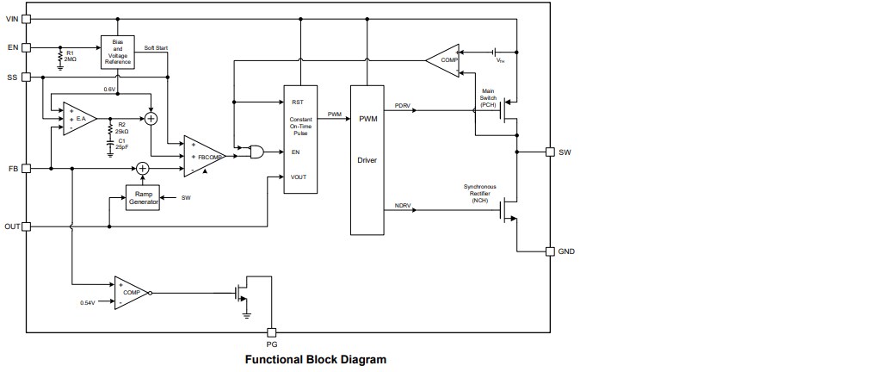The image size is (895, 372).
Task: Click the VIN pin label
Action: (11, 18)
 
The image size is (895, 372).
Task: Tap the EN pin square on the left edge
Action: (26, 46)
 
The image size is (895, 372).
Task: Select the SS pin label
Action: (11, 77)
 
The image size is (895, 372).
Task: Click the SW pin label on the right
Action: (565, 152)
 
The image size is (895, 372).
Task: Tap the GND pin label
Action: (567, 251)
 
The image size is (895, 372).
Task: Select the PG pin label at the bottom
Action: (272, 344)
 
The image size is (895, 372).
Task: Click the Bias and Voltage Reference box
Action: (118, 52)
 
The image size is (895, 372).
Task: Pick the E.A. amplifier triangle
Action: (76, 118)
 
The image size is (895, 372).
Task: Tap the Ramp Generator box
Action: (144, 198)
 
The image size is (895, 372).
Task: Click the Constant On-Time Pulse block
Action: (300, 139)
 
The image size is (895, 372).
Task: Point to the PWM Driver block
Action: (368, 159)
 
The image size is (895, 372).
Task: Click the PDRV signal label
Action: (402, 105)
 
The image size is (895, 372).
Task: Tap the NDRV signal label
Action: (402, 205)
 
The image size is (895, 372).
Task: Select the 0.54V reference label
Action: (88, 303)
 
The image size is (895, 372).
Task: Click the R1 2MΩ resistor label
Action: (71, 55)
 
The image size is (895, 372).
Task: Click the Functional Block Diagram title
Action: (316, 359)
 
